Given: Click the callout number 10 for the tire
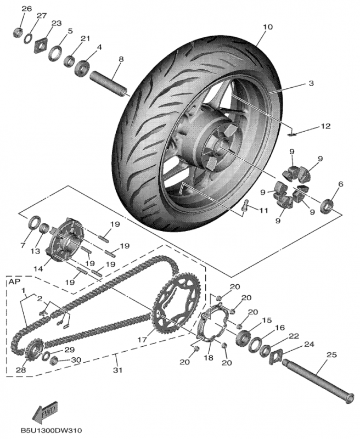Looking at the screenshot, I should click(267, 27).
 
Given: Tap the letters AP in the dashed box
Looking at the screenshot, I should click(13, 281).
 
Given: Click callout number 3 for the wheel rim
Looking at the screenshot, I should click(310, 84).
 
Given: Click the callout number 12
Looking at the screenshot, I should click(325, 126).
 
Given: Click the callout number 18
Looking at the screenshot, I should click(207, 358).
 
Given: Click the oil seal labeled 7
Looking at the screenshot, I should click(33, 224).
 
